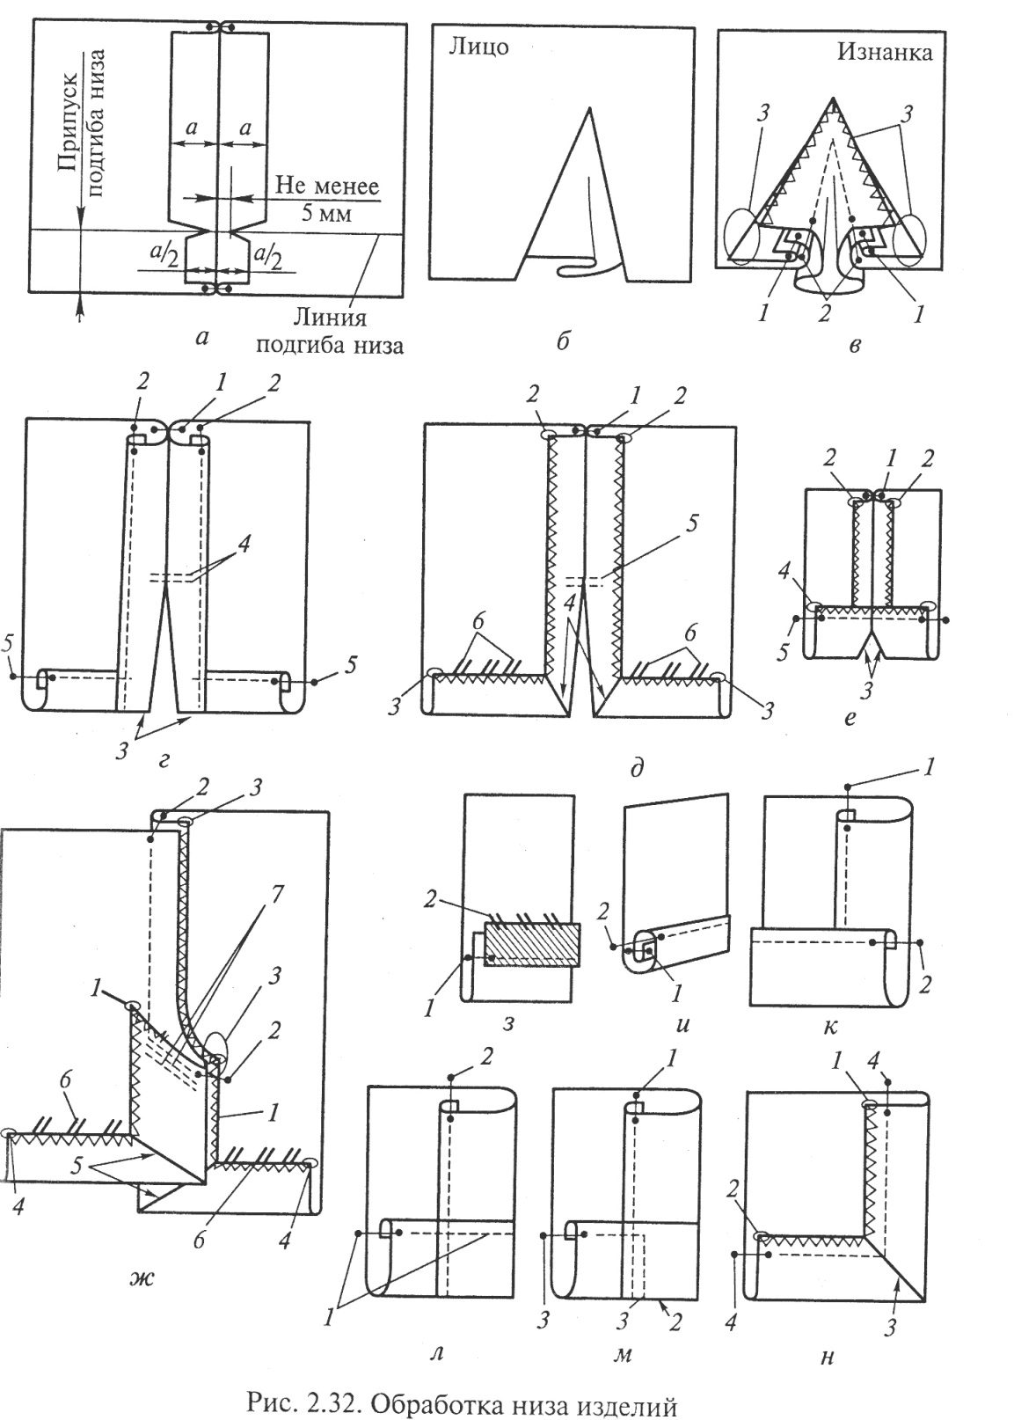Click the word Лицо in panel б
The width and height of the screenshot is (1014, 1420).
click(479, 48)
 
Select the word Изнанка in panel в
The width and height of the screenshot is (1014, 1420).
click(885, 52)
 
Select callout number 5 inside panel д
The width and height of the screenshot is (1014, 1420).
click(692, 523)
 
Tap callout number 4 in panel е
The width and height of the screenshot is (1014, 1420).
click(784, 573)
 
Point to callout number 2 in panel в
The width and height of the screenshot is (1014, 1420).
click(823, 312)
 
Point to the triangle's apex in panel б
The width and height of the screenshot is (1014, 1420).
click(590, 108)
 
